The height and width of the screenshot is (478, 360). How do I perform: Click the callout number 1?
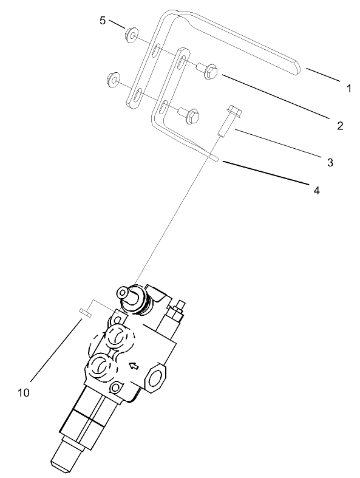tap(349, 88)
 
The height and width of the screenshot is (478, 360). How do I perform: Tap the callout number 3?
tap(330, 162)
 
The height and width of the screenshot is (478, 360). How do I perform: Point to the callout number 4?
tap(316, 190)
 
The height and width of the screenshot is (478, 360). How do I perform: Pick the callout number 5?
tap(103, 21)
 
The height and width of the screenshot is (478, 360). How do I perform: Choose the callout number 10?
tap(24, 392)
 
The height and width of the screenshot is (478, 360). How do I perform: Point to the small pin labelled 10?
tap(84, 313)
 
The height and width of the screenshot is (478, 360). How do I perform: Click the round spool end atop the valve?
tap(128, 295)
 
